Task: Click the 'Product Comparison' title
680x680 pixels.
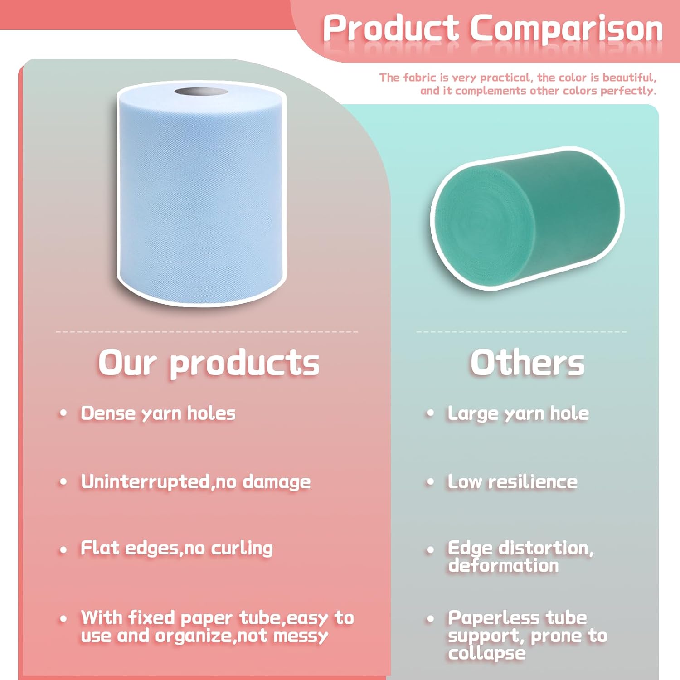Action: pyautogui.click(x=493, y=28)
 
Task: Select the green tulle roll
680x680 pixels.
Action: pyautogui.click(x=527, y=218)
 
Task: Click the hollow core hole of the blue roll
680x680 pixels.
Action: pyautogui.click(x=201, y=92)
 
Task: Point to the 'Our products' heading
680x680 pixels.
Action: pyautogui.click(x=209, y=364)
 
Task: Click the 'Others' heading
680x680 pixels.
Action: pyautogui.click(x=527, y=363)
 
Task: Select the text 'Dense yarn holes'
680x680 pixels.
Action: pyautogui.click(x=158, y=413)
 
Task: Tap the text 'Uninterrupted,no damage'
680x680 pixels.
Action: pyautogui.click(x=196, y=481)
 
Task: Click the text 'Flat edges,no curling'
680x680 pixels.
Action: pyautogui.click(x=177, y=548)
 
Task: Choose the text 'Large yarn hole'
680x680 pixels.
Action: pyautogui.click(x=519, y=413)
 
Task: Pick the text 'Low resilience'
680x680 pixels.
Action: pyautogui.click(x=513, y=481)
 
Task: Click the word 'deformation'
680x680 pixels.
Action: pyautogui.click(x=504, y=565)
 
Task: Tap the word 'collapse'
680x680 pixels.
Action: pyautogui.click(x=487, y=653)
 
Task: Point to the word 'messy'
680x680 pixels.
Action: pyautogui.click(x=301, y=636)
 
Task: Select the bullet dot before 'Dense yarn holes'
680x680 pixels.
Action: pyautogui.click(x=63, y=413)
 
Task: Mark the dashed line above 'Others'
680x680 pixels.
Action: pyautogui.click(x=522, y=332)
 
